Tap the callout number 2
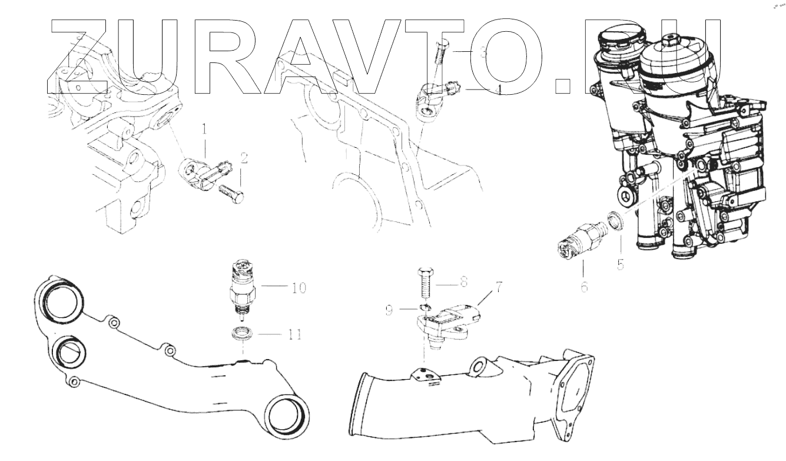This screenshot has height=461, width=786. click(244, 158)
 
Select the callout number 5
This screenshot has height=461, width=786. click(621, 264)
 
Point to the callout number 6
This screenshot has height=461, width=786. click(584, 287)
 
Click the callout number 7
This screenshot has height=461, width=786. click(498, 287)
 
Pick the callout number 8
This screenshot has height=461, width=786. click(463, 281)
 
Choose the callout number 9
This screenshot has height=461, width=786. click(389, 310)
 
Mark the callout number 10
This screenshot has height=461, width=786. click(299, 288)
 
